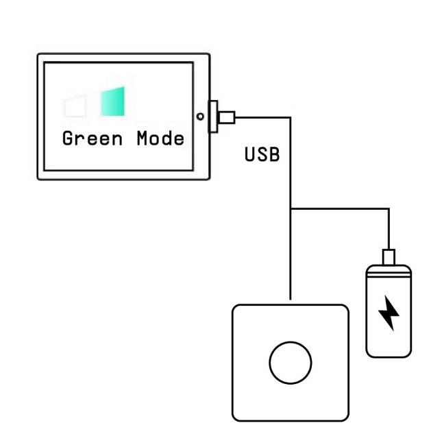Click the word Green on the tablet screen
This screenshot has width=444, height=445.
point(92,139)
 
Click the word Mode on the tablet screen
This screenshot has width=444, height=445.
point(160,139)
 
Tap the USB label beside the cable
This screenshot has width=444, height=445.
point(262,155)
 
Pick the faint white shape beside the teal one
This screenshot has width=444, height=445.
point(74,107)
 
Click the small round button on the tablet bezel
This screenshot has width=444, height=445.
point(199,117)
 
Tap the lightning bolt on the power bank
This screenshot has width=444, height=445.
point(388,313)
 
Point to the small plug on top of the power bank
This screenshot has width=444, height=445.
point(388,256)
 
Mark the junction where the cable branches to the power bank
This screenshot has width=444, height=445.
point(291,209)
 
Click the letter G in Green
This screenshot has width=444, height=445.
point(68,139)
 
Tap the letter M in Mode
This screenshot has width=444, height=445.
point(143,139)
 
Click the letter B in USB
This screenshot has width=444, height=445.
point(274,155)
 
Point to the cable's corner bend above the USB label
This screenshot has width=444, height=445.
point(291,118)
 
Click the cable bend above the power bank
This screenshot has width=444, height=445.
point(388,209)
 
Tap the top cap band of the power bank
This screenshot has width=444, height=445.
point(388,269)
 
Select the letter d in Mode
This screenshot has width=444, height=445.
point(167,139)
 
